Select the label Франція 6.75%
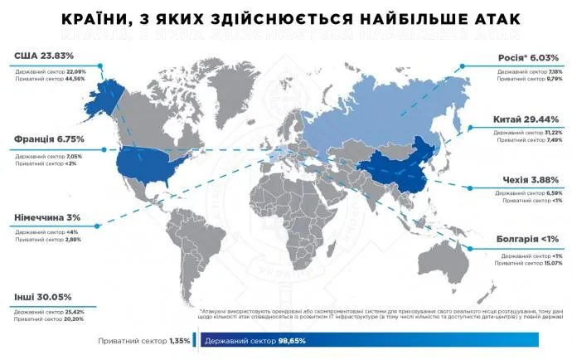[x=49, y=139]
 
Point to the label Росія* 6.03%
[x=528, y=58]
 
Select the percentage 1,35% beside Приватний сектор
[x=180, y=341]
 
